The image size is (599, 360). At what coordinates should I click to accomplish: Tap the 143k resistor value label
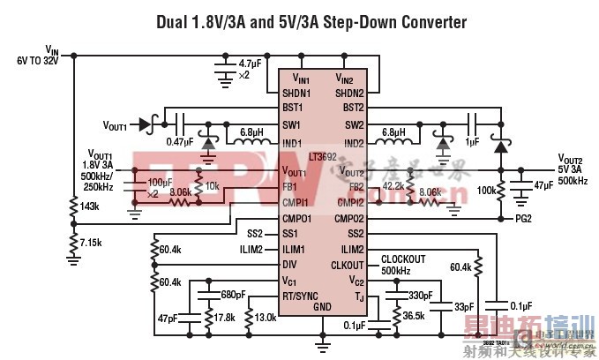[x=87, y=206]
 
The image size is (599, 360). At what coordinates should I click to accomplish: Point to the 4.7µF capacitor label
[x=250, y=63]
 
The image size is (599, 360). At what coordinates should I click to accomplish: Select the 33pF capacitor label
[x=464, y=306]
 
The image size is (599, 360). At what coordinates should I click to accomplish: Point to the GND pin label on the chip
[x=322, y=306]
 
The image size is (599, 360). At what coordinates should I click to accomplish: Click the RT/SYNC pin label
[x=301, y=296]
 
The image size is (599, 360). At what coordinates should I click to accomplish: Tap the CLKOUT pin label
[x=347, y=264]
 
